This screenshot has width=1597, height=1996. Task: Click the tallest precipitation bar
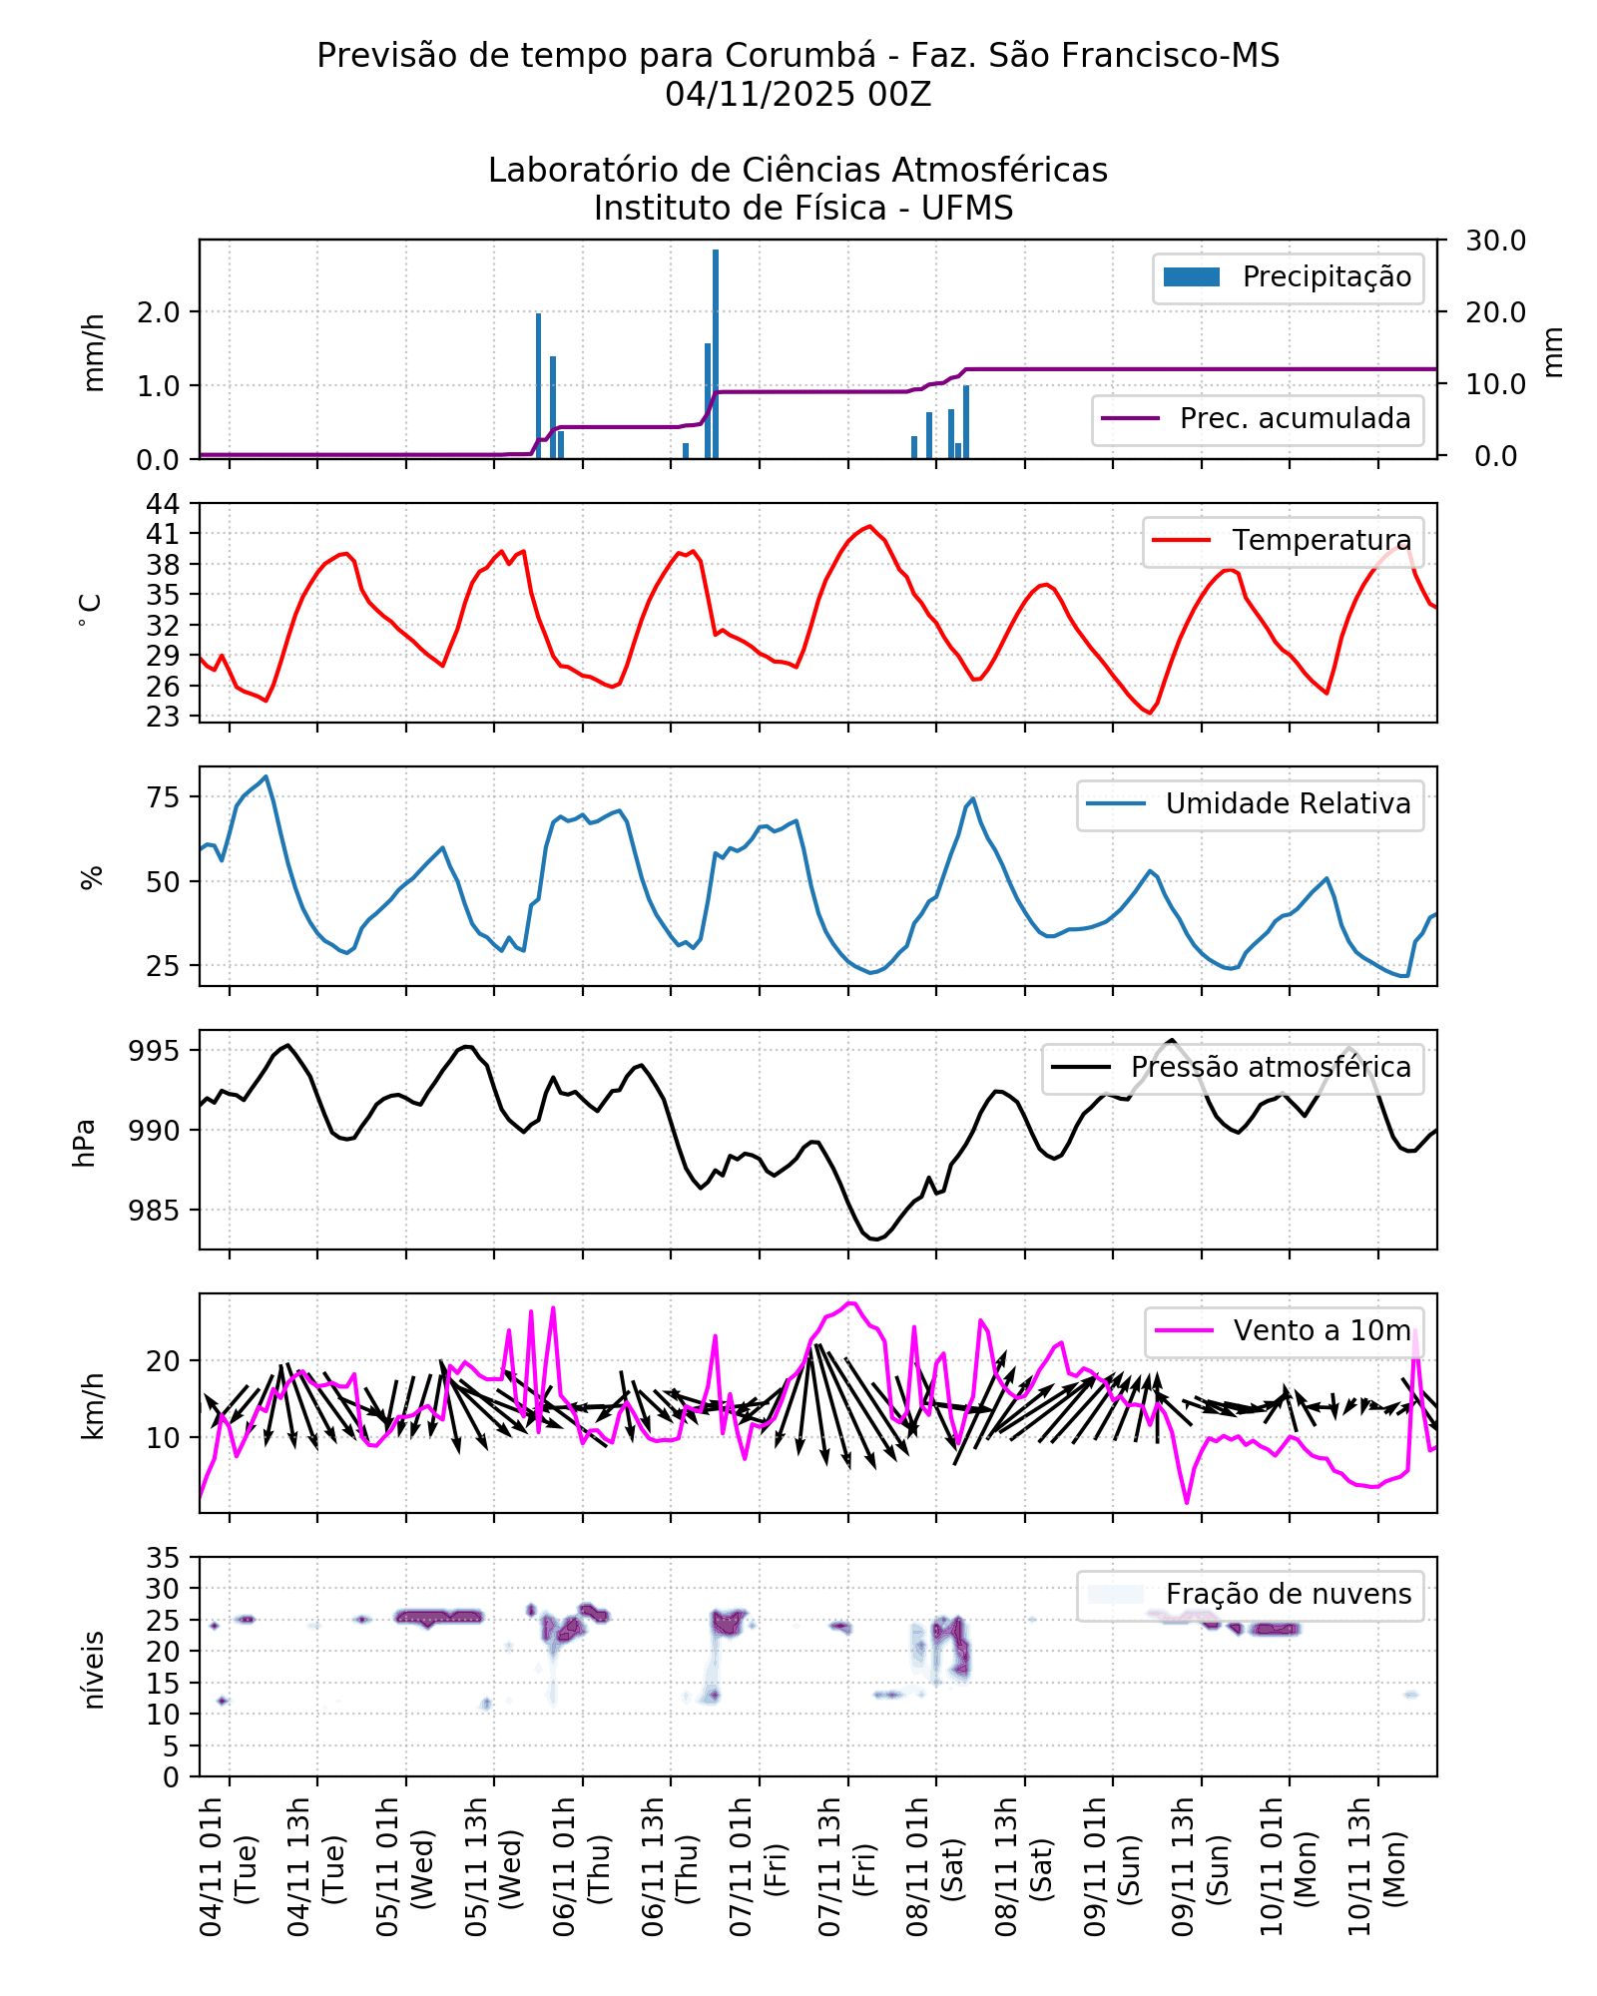[x=716, y=354]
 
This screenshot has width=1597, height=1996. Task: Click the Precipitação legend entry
[x=1288, y=277]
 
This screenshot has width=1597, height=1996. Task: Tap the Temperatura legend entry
[x=1283, y=541]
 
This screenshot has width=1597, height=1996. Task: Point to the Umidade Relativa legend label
[x=1288, y=804]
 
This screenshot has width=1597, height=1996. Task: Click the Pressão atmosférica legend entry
[x=1233, y=1068]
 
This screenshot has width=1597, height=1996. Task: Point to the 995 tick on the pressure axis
[x=154, y=1051]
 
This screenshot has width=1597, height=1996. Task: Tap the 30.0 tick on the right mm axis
[x=1495, y=241]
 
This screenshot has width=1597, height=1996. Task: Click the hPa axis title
[x=85, y=1142]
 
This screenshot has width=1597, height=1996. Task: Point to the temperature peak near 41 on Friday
[x=869, y=526]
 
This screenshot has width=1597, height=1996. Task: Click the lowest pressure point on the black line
[x=874, y=1239]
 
